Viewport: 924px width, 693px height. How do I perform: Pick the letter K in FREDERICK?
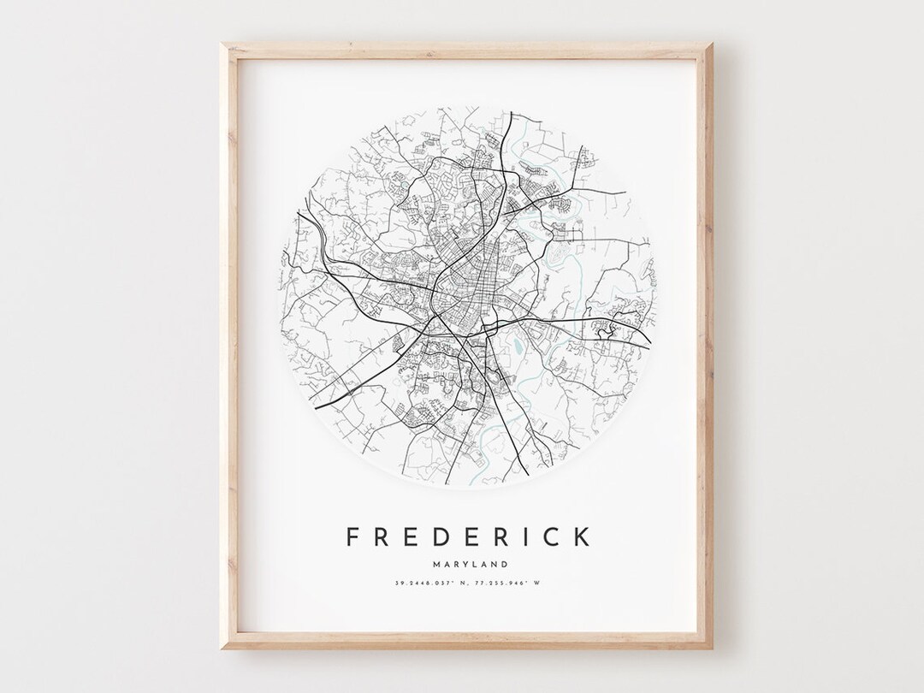tap(580, 536)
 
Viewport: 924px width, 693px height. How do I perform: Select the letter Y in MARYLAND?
tap(462, 564)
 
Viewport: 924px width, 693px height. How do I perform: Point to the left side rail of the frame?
tap(229, 342)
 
